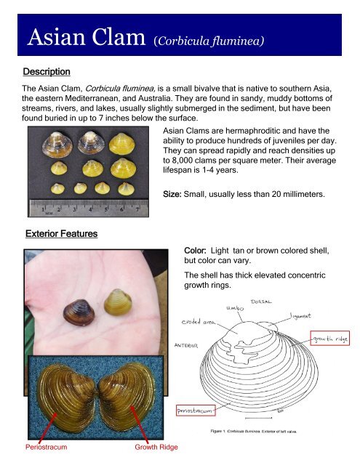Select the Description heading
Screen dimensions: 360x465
(46, 73)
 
